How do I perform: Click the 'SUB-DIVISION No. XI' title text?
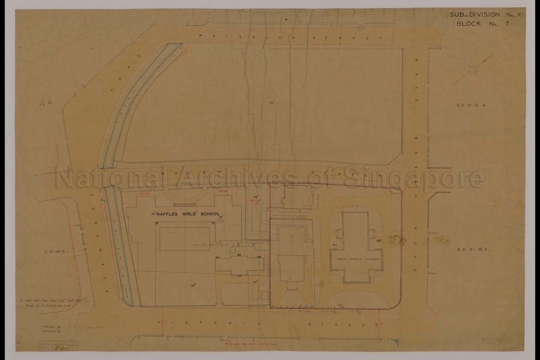(x=480, y=15)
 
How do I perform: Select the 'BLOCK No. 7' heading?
(x=482, y=24)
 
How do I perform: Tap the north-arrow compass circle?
(x=472, y=70)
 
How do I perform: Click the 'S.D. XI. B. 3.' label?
(x=473, y=250)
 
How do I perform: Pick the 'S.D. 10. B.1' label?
(x=56, y=251)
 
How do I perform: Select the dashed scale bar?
(x=54, y=301)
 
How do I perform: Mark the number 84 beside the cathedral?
(x=334, y=244)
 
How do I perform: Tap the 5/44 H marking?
(x=46, y=103)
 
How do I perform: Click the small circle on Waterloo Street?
(x=360, y=27)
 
